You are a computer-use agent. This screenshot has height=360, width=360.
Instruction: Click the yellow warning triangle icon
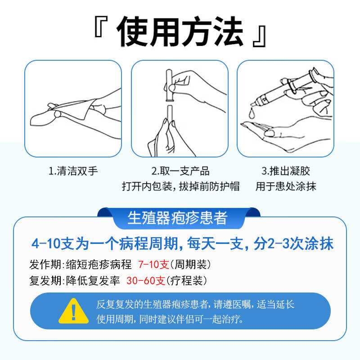(73, 310)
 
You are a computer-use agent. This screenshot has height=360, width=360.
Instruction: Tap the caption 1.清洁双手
(73, 171)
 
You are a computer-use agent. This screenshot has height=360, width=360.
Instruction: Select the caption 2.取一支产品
(180, 171)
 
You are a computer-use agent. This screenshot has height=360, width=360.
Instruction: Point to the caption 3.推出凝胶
(286, 171)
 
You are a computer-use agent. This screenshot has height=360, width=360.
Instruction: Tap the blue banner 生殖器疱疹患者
(178, 218)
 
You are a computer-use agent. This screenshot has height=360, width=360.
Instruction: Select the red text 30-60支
(146, 280)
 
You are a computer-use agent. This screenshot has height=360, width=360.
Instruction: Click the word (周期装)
(190, 264)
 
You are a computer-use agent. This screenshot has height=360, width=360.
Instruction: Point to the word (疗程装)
(187, 280)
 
